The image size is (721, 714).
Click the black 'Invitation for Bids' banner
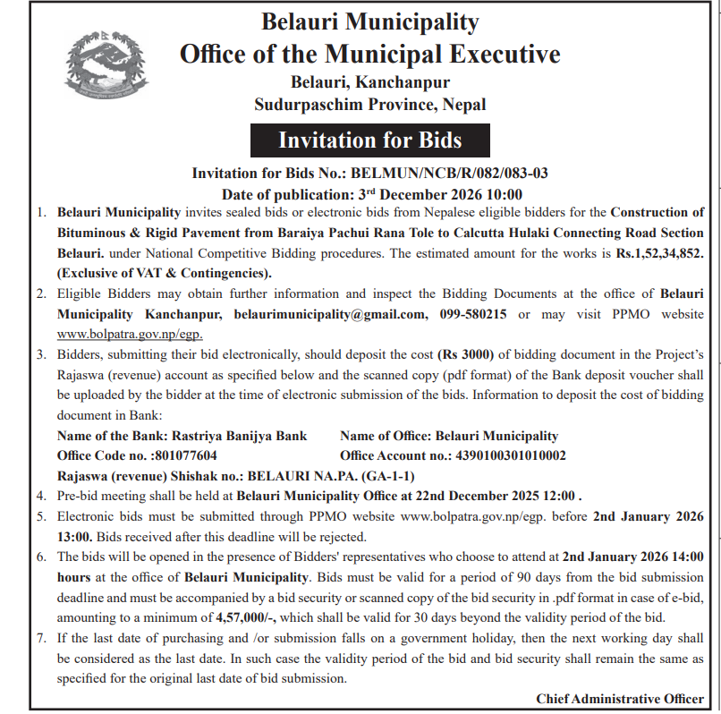(x=369, y=140)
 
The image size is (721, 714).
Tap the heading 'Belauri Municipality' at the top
(x=369, y=22)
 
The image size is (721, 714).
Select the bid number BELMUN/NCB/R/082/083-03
(x=450, y=174)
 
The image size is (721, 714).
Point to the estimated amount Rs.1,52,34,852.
(x=660, y=254)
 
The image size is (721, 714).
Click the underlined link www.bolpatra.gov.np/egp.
(x=130, y=334)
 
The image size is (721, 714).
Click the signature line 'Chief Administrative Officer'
(x=620, y=699)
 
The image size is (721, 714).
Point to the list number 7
(x=41, y=638)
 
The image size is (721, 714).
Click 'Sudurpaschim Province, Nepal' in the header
(x=369, y=105)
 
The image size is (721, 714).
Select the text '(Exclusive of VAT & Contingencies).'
(x=165, y=273)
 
